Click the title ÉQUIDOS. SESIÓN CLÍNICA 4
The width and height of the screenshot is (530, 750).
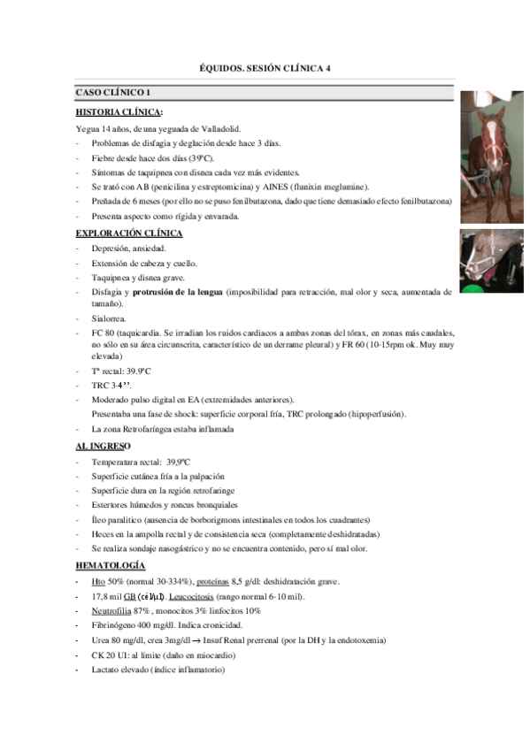(265, 68)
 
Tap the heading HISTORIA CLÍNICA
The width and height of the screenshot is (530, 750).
(119, 112)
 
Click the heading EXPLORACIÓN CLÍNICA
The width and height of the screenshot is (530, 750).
(129, 233)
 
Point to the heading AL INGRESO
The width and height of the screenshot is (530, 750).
(104, 446)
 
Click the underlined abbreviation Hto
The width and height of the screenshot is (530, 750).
(98, 581)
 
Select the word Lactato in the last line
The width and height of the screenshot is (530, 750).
(107, 670)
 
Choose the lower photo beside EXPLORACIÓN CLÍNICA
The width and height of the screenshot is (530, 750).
(492, 261)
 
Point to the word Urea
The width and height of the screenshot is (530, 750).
(100, 640)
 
